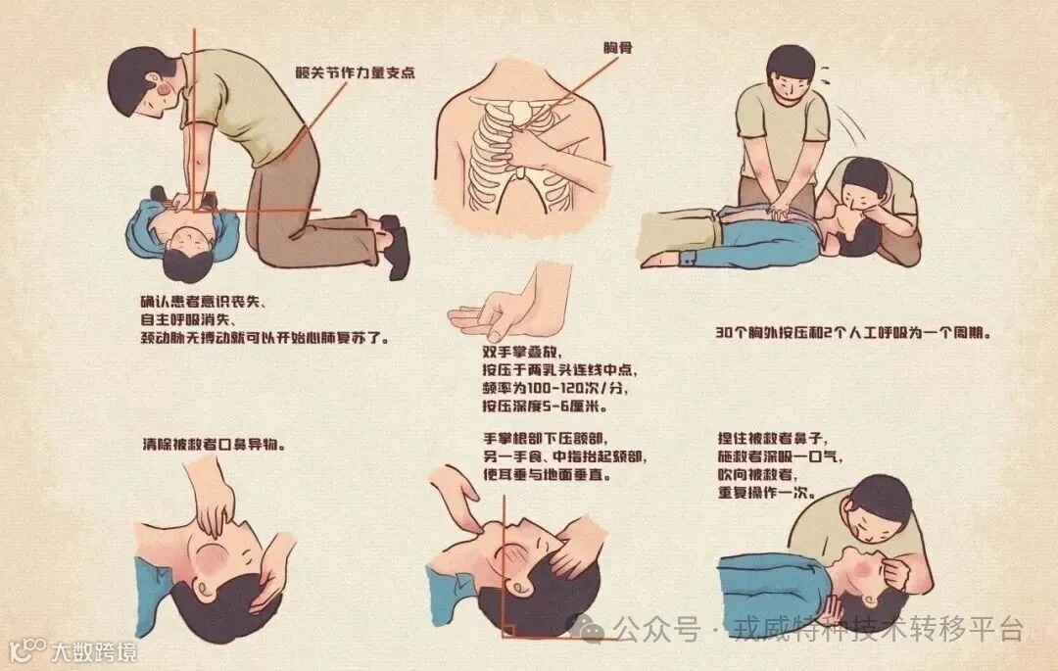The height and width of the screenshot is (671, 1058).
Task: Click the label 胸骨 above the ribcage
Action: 618,47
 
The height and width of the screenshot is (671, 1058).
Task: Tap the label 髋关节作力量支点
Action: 351,72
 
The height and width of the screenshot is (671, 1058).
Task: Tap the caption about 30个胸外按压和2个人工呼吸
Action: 854,332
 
